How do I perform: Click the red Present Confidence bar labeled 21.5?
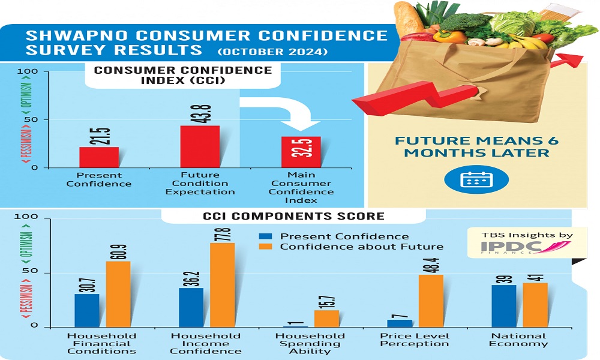pyautogui.click(x=99, y=157)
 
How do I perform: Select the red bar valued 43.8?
pyautogui.click(x=200, y=146)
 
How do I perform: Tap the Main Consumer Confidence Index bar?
pyautogui.click(x=301, y=152)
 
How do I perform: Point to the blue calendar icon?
pyautogui.click(x=476, y=179)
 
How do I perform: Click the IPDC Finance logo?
pyautogui.click(x=526, y=247)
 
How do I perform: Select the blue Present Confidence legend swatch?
pyautogui.click(x=266, y=236)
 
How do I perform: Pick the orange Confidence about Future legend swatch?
pyautogui.click(x=266, y=247)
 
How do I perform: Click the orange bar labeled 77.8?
pyautogui.click(x=223, y=285)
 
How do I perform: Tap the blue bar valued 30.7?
pyautogui.click(x=87, y=311)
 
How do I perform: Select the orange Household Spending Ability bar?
pyautogui.click(x=327, y=319)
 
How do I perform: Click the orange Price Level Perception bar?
pyautogui.click(x=431, y=301)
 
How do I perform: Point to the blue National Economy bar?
pyautogui.click(x=504, y=306)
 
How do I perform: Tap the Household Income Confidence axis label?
pyautogui.click(x=205, y=344)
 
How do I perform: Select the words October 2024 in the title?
pyautogui.click(x=272, y=52)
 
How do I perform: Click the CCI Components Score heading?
pyautogui.click(x=293, y=216)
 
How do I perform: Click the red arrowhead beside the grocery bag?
pyautogui.click(x=570, y=61)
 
